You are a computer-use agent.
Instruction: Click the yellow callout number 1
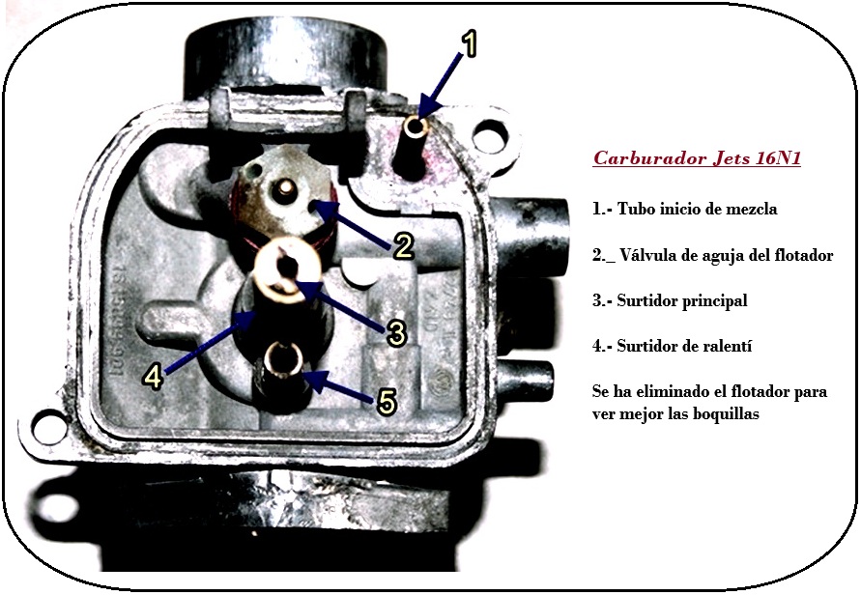[468, 43]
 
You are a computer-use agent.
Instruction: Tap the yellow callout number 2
[404, 246]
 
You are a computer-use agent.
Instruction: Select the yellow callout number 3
[395, 332]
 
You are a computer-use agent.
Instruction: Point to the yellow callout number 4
[154, 377]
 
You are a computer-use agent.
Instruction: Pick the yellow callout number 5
[387, 401]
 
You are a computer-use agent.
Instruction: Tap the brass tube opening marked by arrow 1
[416, 127]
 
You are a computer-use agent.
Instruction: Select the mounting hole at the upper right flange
[489, 134]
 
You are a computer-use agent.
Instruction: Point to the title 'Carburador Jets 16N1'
[697, 158]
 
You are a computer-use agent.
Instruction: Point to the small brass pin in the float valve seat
[285, 188]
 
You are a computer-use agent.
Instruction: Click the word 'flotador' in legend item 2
[803, 255]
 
